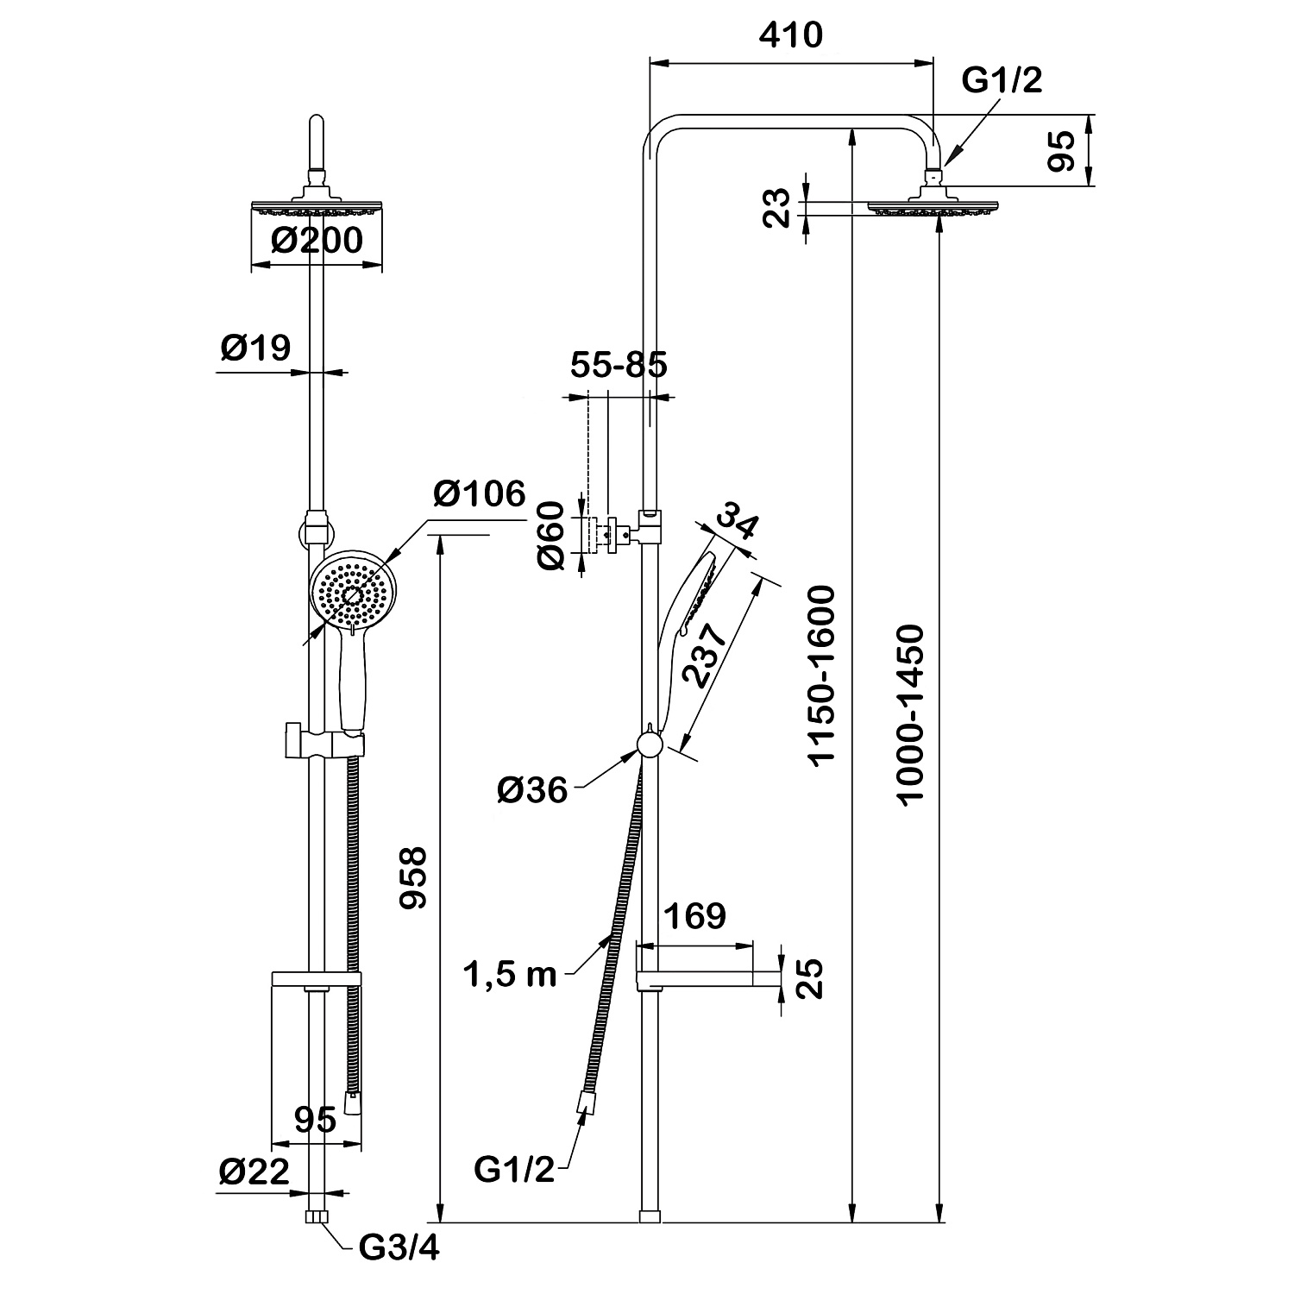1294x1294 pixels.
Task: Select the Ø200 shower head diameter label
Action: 317,240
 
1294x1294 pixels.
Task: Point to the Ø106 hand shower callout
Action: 480,494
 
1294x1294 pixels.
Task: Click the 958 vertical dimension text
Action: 415,877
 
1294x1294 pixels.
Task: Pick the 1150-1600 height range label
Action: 821,675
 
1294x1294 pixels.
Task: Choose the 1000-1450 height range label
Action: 910,716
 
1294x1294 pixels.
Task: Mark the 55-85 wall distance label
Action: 619,365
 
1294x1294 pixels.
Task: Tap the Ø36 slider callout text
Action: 532,789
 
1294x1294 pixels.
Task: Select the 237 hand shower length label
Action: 704,653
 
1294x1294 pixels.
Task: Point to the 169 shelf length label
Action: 696,916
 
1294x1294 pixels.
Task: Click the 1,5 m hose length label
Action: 510,975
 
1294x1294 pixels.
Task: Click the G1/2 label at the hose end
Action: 513,1171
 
